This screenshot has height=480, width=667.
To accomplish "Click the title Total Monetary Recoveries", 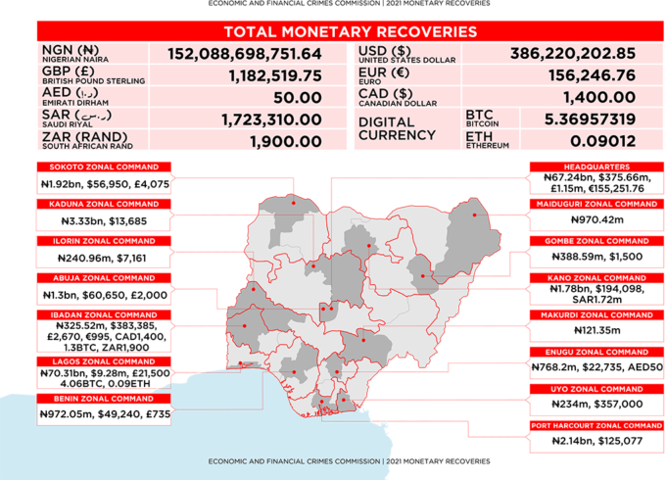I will pyautogui.click(x=350, y=32).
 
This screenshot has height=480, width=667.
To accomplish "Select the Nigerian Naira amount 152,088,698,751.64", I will pyautogui.click(x=244, y=53).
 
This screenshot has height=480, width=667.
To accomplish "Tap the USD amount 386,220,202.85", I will pyautogui.click(x=573, y=53).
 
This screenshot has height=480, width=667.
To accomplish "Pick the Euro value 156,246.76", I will pyautogui.click(x=587, y=75).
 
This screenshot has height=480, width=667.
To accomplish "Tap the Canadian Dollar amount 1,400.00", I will pyautogui.click(x=599, y=97).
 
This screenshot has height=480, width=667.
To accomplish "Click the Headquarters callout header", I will pyautogui.click(x=596, y=167).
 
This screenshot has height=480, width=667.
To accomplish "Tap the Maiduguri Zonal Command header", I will pyautogui.click(x=596, y=204).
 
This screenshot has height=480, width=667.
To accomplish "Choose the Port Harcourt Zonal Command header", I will pyautogui.click(x=596, y=426).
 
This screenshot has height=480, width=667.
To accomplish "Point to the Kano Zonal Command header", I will pyautogui.click(x=596, y=278).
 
